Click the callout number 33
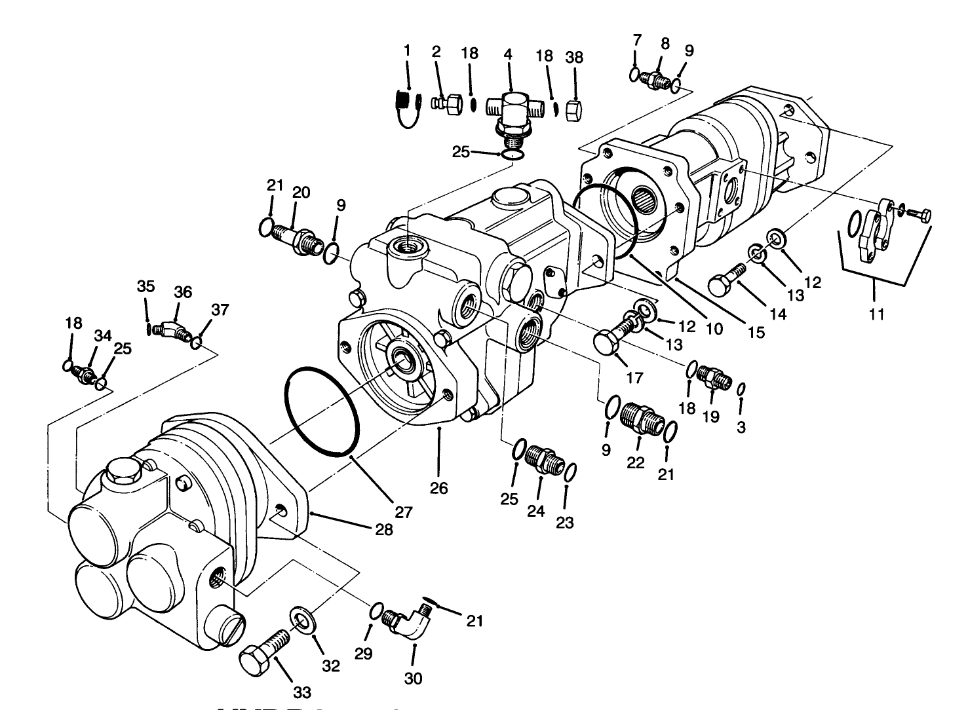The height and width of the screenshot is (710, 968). pyautogui.click(x=301, y=692)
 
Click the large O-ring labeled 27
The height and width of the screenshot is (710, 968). pyautogui.click(x=322, y=410)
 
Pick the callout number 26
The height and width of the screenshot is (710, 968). pyautogui.click(x=439, y=488)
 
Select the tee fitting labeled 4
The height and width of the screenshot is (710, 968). pyautogui.click(x=513, y=110)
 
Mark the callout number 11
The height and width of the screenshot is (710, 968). pyautogui.click(x=876, y=314)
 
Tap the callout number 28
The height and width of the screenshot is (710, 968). pyautogui.click(x=383, y=529)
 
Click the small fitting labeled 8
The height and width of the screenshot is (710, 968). pyautogui.click(x=656, y=79)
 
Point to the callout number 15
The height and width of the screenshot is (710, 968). pyautogui.click(x=756, y=332)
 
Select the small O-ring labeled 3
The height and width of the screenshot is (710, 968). pyautogui.click(x=741, y=390)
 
